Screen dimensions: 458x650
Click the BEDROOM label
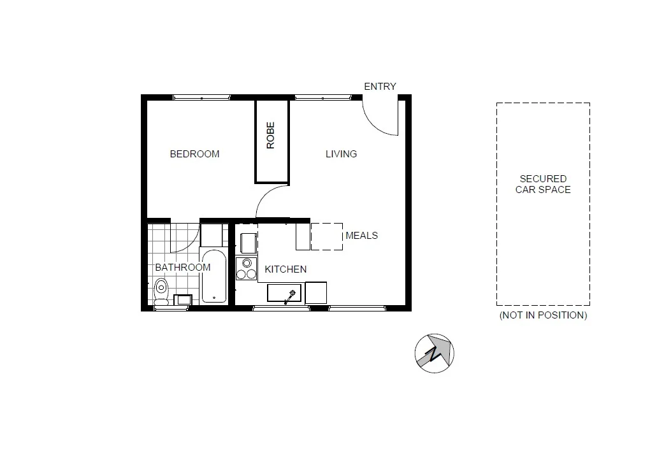[x=194, y=154]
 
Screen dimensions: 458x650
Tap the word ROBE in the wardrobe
[x=271, y=135]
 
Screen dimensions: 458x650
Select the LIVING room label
[x=341, y=154]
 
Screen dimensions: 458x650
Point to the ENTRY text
[x=380, y=87]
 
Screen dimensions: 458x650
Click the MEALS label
[x=361, y=236]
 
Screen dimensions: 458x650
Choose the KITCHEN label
[x=285, y=269]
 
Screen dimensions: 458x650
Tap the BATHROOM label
[x=182, y=268]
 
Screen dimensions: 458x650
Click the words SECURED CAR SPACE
[x=543, y=185]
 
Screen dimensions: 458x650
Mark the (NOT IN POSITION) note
[x=543, y=315]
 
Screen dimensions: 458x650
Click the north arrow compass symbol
[x=434, y=352]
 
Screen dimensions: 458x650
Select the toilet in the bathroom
[x=161, y=290]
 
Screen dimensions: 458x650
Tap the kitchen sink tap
[x=292, y=294]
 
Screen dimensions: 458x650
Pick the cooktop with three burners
[x=245, y=269]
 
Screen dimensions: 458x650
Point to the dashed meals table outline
[x=327, y=236]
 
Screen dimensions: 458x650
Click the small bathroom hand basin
[x=182, y=300]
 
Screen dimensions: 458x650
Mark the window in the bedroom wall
[x=201, y=97]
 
